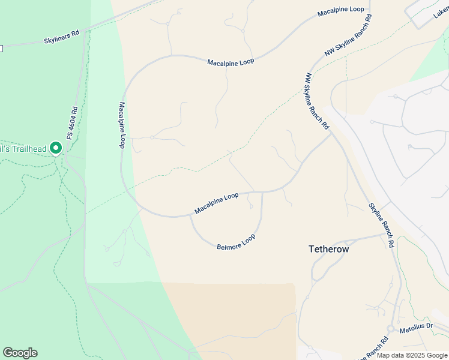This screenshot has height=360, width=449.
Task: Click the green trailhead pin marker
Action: tap(56, 147)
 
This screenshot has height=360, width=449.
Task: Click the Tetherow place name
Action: tap(328, 248)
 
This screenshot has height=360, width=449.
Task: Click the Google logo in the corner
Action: tap(20, 353)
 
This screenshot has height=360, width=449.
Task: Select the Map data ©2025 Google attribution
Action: tap(412, 355)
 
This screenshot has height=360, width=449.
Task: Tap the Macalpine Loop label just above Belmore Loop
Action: tap(216, 203)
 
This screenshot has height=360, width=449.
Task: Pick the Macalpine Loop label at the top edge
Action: tap(341, 11)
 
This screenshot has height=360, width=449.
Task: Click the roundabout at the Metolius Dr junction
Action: tap(391, 329)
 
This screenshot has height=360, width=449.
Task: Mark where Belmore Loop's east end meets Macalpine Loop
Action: tap(262, 192)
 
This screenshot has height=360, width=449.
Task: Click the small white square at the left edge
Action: tap(1, 48)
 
